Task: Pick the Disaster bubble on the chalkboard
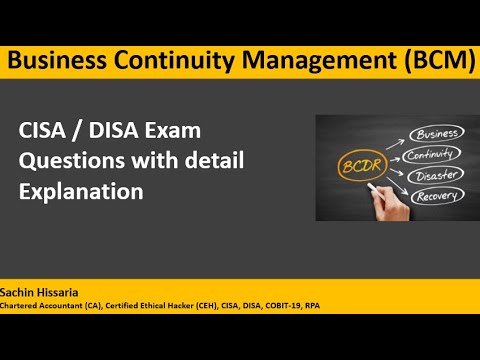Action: tap(435, 174)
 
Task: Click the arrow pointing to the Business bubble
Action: tap(397, 141)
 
